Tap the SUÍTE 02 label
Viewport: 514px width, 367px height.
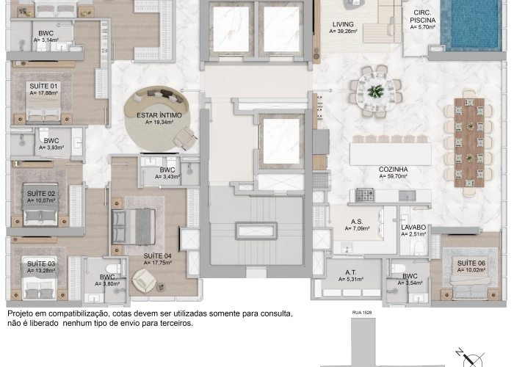tap(42, 192)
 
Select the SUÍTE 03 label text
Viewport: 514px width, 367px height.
tap(41, 263)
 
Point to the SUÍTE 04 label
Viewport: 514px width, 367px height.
tap(158, 255)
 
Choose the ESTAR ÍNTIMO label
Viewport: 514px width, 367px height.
tap(159, 115)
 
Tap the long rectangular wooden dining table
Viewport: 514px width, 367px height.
tap(468, 142)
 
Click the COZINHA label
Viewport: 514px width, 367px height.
tap(394, 169)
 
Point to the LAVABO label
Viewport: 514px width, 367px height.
tap(414, 228)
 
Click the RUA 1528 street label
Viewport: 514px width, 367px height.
tap(361, 312)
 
